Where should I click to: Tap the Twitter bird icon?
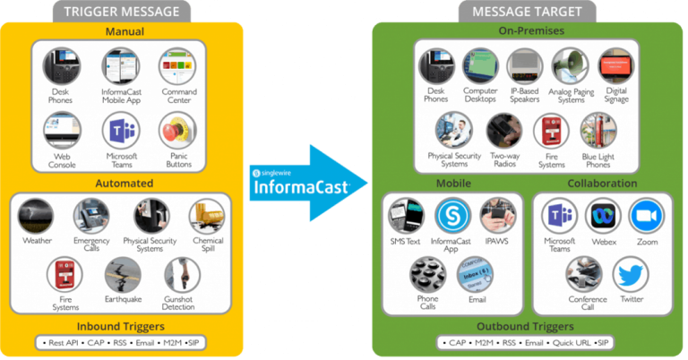pos(632,275)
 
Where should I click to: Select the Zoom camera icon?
pos(645,217)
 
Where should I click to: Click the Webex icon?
pos(602,217)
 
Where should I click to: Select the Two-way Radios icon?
pos(504,131)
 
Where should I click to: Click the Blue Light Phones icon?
pos(598,131)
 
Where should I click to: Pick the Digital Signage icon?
pos(617,66)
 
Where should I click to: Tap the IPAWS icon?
pos(497,216)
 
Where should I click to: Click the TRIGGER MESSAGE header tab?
pos(124,12)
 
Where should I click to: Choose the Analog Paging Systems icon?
pos(572,66)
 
